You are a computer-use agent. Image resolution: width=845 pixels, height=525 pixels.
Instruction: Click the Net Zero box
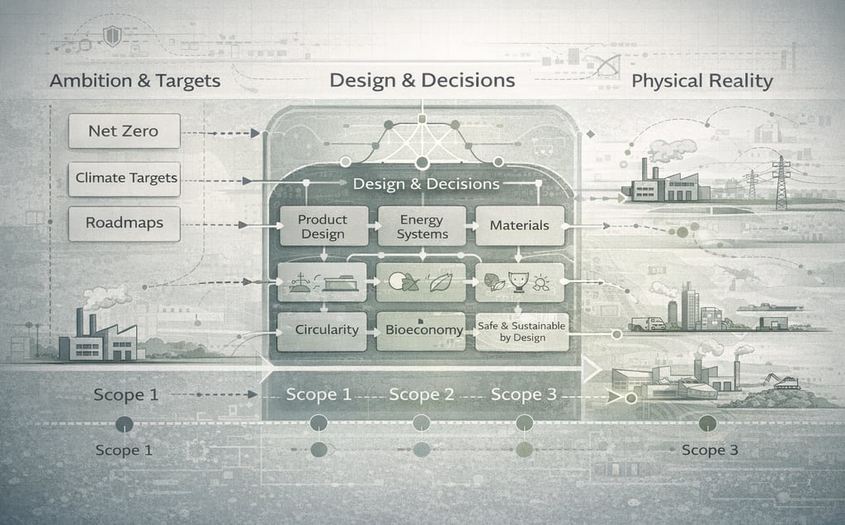(x=124, y=130)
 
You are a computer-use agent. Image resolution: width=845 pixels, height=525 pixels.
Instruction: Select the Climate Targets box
(x=124, y=177)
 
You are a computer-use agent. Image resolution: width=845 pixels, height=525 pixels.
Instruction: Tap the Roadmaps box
(x=124, y=223)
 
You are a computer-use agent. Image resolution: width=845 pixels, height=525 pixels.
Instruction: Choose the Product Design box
(x=323, y=226)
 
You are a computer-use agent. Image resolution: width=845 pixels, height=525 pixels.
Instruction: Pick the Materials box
(x=520, y=225)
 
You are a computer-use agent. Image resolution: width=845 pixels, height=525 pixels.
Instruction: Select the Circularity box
(x=326, y=329)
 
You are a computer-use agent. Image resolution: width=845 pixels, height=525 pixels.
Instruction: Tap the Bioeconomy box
(x=422, y=330)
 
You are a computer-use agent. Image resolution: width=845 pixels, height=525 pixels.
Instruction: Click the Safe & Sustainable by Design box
(x=522, y=331)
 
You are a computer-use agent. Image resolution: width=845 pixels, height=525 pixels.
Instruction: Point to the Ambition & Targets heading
(x=135, y=81)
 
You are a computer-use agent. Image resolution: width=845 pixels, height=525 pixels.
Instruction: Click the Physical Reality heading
(x=701, y=81)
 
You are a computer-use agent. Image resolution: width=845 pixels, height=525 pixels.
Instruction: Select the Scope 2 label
(x=421, y=395)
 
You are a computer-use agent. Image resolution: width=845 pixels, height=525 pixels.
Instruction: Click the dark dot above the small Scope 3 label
(x=706, y=423)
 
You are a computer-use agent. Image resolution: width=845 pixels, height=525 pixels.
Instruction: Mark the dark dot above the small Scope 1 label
(x=125, y=424)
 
